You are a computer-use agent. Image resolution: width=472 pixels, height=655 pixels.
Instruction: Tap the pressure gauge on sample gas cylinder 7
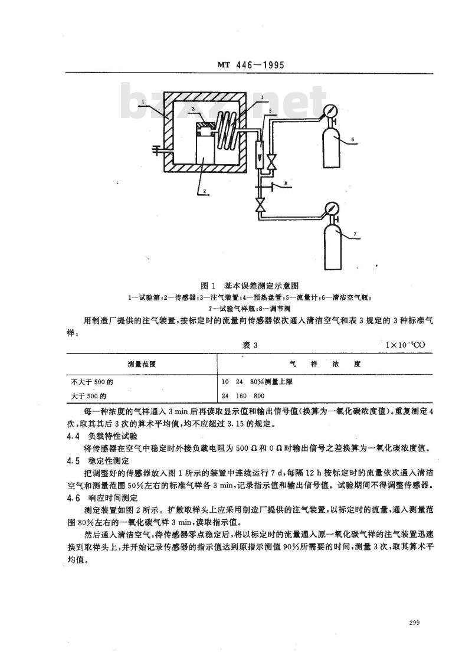[330, 210]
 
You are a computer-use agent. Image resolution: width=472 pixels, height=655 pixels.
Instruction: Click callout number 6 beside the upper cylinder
[352, 140]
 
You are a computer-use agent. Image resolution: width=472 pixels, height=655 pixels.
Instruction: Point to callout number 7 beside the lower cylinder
[355, 235]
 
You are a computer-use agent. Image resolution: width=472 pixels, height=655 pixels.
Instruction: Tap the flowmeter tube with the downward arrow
[258, 153]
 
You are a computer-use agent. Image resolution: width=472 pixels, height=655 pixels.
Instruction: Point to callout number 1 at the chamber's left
[144, 101]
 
